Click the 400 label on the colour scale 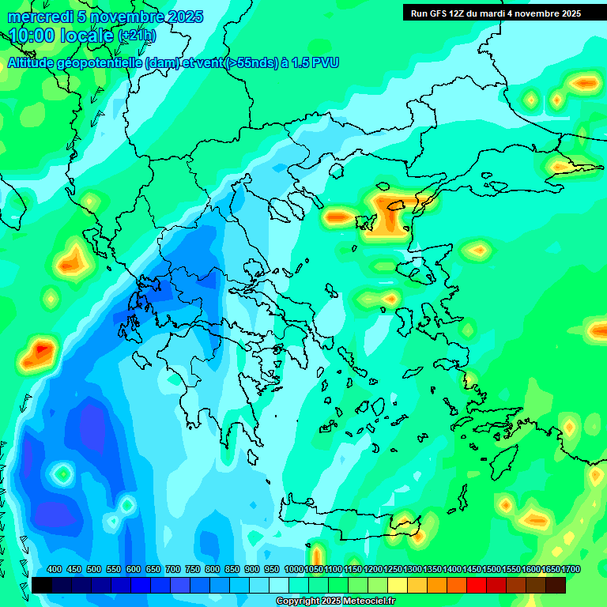coord(55,570)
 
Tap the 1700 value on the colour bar coord(571,570)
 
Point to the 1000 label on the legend coord(294,570)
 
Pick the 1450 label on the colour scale coord(472,570)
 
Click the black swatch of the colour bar coord(42,585)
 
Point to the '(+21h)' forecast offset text coord(137,36)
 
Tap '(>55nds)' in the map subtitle coord(251,62)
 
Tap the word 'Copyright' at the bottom coord(297,601)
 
